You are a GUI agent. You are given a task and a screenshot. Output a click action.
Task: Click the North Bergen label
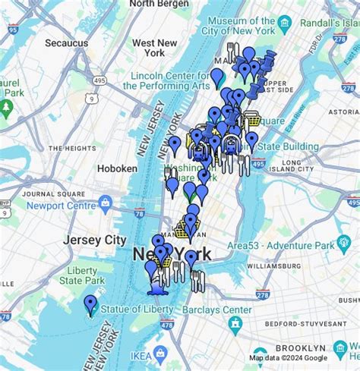(x=159, y=4)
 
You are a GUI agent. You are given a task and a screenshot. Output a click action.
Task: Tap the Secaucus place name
(x=66, y=43)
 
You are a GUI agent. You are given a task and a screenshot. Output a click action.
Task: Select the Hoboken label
(x=118, y=168)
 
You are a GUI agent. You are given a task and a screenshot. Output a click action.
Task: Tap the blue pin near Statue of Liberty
(x=90, y=304)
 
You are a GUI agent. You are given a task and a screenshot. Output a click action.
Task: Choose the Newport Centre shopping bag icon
(x=105, y=203)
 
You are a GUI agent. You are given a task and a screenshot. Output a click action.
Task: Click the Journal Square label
(x=53, y=193)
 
